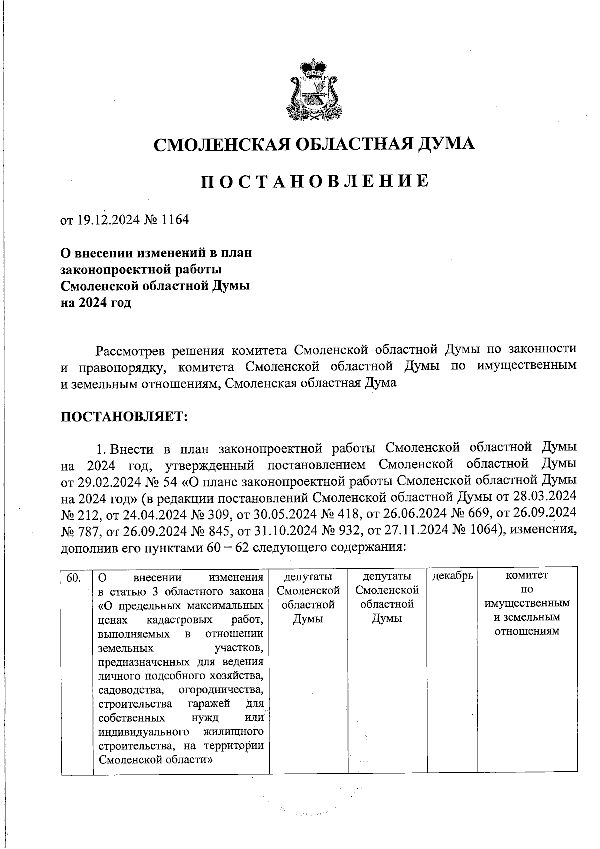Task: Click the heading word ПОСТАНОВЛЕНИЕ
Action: [314, 181]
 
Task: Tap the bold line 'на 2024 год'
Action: [96, 303]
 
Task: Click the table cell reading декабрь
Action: [452, 576]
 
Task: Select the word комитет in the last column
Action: [527, 576]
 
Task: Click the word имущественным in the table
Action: [527, 604]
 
